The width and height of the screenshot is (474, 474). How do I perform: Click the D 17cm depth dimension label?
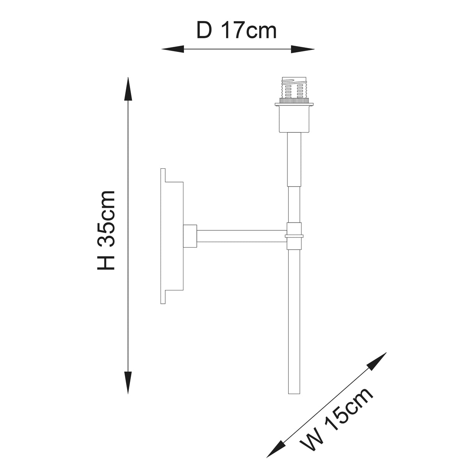[237, 30]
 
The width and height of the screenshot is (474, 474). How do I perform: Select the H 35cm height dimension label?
[106, 230]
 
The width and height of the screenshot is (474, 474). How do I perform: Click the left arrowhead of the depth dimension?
[172, 49]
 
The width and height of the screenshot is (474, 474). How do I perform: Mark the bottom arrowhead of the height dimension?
[128, 383]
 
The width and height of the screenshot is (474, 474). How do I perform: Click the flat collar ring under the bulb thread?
[294, 104]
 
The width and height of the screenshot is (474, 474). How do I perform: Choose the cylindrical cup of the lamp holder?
[294, 119]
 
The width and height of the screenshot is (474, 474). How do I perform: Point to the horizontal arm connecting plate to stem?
[241, 236]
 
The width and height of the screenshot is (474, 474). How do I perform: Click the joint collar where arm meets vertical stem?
[294, 236]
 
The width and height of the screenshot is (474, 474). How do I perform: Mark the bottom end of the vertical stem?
[294, 390]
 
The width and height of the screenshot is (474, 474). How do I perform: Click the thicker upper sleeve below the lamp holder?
[294, 159]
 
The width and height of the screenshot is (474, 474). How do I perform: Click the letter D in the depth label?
[204, 30]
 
